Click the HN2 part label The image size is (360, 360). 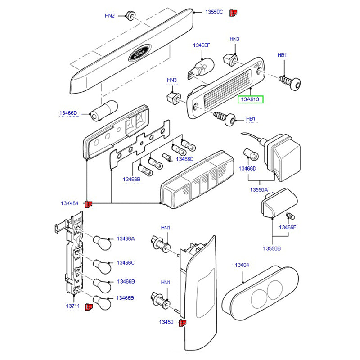tap(110, 16)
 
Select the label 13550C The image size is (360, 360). tap(214, 12)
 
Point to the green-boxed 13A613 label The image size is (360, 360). tap(250, 99)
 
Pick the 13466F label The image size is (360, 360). tap(202, 45)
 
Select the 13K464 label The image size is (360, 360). tap(70, 203)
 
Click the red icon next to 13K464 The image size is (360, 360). tap(89, 204)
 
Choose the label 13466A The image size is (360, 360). tap(126, 238)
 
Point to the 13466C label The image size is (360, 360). tap(126, 262)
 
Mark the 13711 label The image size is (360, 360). tap(73, 306)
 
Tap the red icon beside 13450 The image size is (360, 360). tap(183, 323)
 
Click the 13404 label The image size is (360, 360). tap(242, 265)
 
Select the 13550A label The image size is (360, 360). tap(259, 190)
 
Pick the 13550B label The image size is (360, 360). tap(272, 248)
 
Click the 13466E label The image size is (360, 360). tap(288, 227)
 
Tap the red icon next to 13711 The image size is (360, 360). tap(89, 306)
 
